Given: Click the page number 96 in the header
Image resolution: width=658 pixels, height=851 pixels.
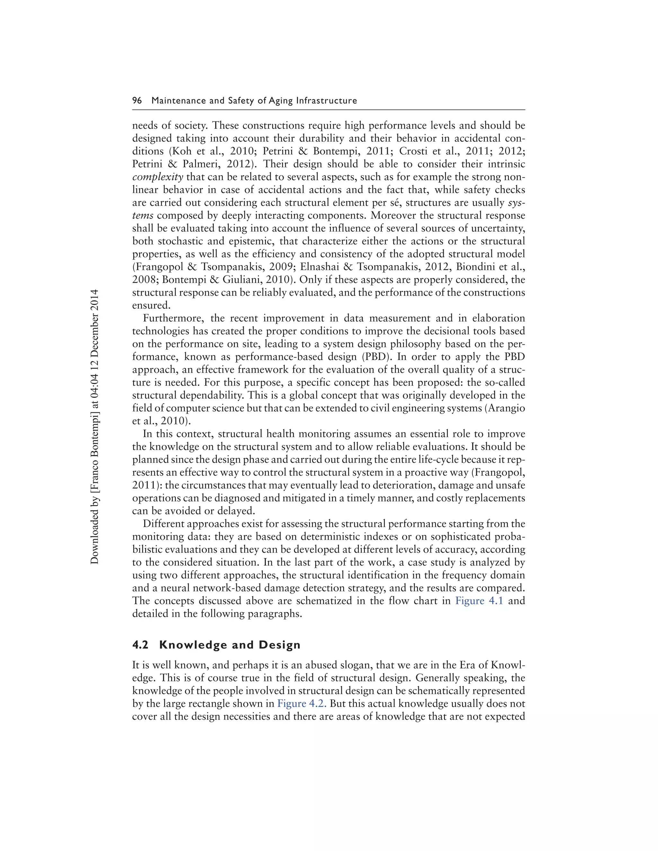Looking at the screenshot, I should coord(137,101).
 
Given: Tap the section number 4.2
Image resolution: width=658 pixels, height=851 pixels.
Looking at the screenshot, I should coord(140,645).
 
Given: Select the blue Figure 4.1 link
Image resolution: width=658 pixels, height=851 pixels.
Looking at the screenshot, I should coord(479,601).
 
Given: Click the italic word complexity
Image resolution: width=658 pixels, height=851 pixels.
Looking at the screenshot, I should coord(157,177).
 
